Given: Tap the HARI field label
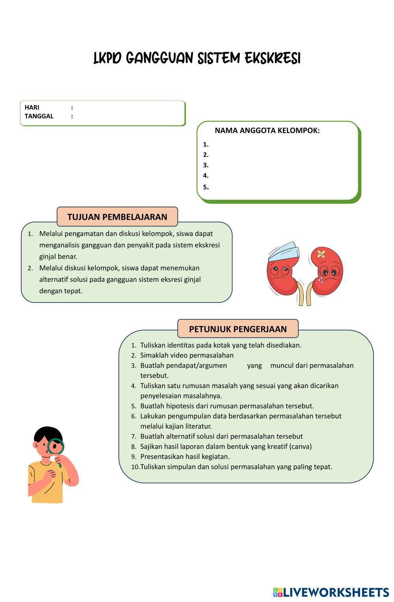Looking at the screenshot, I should pos(32,107).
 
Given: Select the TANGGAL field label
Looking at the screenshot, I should pos(39,116).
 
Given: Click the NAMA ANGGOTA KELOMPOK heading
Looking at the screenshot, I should pos(267,131).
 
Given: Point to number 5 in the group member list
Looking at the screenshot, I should pos(206,187).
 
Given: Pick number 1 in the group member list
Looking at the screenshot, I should pos(206,144).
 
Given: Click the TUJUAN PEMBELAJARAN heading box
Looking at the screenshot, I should pos(117,217).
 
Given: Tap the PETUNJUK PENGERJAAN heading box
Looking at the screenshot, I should pos(238,329).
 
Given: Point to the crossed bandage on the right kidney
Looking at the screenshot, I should pos(321,254).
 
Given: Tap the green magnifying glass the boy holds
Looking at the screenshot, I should pos(56,446).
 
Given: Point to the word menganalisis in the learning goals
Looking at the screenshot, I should pos(59,245).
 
